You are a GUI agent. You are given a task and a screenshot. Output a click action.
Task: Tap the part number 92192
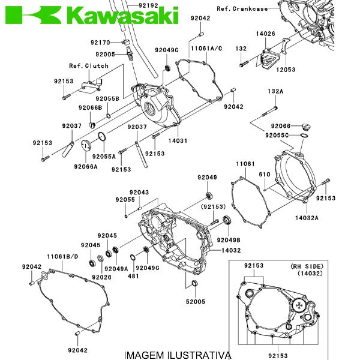pos(148,5)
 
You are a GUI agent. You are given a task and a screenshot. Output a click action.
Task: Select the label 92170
pos(100,43)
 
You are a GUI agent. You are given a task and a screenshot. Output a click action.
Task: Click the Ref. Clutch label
pos(88,66)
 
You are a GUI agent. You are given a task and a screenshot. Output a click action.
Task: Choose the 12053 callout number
pos(286,70)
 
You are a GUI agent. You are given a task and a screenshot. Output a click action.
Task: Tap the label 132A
pos(275,91)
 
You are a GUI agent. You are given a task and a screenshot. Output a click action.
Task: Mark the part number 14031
pos(178,140)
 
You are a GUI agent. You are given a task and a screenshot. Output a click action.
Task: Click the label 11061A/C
pos(206,47)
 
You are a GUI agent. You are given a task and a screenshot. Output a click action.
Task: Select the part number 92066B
pos(90,107)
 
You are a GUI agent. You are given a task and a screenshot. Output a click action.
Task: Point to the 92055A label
pos(104,156)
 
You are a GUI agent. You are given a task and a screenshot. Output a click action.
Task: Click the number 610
pos(264,174)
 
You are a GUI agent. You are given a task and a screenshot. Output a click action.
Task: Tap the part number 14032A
pos(306,218)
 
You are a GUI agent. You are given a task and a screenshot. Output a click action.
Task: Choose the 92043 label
pos(139,193)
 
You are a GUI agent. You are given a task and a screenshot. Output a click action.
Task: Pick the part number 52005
pos(195,302)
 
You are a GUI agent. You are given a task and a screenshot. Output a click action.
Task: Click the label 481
pos(133,276)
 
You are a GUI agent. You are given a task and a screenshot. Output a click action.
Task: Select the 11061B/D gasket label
pos(62,257)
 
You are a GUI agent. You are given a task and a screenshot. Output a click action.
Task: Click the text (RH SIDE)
pos(307,266)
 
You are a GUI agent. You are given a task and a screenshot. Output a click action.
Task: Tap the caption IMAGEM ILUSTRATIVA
pos(176,355)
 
